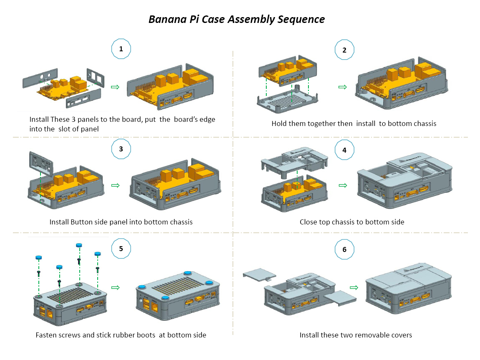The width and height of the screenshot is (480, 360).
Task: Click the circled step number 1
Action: click(121, 49)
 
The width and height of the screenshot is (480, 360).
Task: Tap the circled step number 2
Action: click(344, 50)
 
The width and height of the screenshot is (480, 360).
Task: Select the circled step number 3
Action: click(121, 149)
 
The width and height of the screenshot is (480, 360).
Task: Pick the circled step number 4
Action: click(344, 150)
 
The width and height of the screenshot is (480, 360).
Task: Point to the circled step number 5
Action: click(121, 249)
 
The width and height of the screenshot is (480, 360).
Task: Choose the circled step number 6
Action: click(344, 249)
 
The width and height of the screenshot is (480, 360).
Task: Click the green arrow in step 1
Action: click(115, 87)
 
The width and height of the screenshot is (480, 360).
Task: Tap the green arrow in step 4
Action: click(343, 185)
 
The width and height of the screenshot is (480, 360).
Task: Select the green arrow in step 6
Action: click(354, 287)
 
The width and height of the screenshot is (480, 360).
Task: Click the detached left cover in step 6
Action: click(260, 273)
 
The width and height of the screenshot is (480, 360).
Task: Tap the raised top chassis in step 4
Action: click(294, 161)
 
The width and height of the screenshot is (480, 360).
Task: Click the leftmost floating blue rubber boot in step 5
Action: click(38, 258)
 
